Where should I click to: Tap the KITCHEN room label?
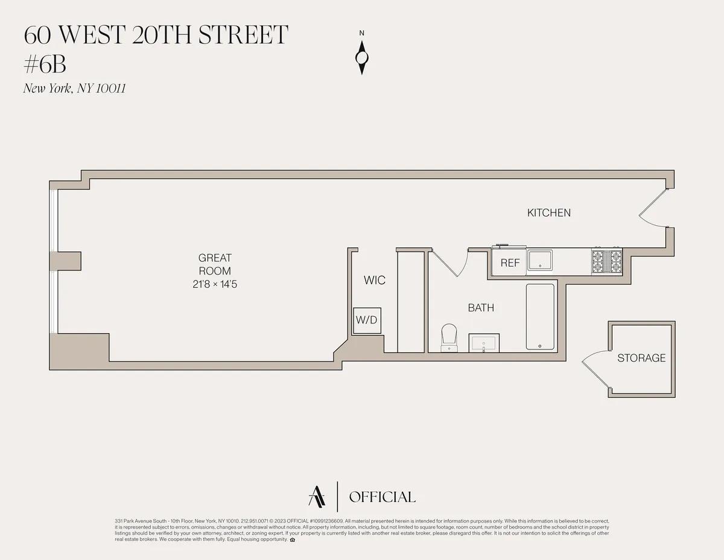[x=548, y=212]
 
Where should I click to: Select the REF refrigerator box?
[x=510, y=263]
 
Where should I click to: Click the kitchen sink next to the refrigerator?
[x=541, y=260]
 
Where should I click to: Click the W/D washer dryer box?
[x=366, y=320]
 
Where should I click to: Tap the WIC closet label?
[x=374, y=281]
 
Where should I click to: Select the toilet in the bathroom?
[x=449, y=336]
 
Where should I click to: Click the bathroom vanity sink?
[x=483, y=343]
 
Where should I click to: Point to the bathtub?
[x=540, y=316]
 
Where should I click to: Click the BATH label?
[x=481, y=308]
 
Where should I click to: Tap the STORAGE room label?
[x=641, y=358]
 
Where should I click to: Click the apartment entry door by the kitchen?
[x=653, y=209]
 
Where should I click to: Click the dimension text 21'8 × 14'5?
[x=215, y=284]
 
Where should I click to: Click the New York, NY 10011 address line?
[x=74, y=89]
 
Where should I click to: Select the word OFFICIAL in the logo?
[x=382, y=497]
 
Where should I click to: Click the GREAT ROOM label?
[x=215, y=264]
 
